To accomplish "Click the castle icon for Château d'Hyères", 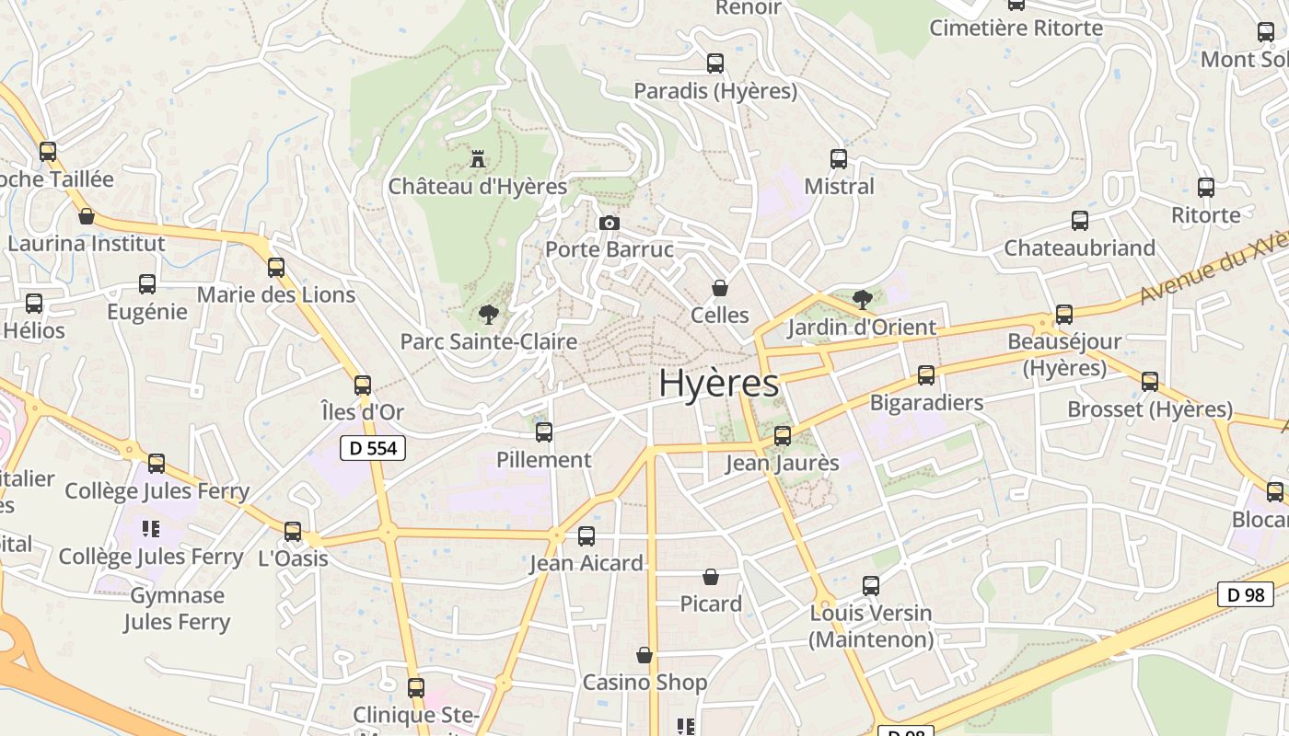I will [477, 159].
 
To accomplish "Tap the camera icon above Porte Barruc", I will [609, 223].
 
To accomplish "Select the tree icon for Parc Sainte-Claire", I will [488, 315].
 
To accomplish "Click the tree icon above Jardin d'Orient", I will [862, 299].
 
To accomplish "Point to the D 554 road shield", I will [373, 448].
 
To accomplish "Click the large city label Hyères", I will [718, 384].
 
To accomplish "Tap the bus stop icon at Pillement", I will [544, 431].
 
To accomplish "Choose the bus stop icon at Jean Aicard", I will [586, 535].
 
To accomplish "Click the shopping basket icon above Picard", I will [711, 577].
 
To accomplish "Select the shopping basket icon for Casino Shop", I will [644, 655].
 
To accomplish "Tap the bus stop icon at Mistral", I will [838, 158].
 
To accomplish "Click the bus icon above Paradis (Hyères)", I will [715, 63].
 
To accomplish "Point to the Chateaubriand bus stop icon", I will [1080, 221].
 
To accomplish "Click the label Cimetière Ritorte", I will [1016, 28].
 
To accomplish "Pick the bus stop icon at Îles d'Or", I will [363, 385].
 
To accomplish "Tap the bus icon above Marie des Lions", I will [276, 268].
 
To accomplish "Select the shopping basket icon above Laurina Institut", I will [87, 216].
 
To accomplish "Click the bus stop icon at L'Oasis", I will [293, 531].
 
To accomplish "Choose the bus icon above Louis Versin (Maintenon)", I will [870, 585].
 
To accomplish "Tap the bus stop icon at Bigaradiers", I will [926, 375].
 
